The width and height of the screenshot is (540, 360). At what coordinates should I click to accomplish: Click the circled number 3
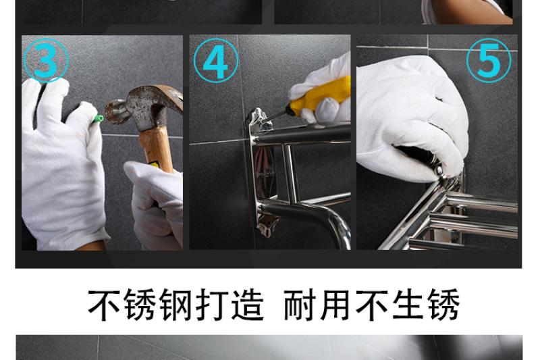click(46, 61)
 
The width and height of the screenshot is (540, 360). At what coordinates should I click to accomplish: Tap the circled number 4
click(216, 61)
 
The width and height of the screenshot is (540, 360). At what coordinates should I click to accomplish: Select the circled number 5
click(489, 61)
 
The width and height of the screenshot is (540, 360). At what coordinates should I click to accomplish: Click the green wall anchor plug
click(98, 119)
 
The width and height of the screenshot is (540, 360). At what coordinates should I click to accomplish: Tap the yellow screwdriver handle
click(320, 96)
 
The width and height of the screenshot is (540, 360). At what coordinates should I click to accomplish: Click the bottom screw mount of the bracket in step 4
click(267, 226)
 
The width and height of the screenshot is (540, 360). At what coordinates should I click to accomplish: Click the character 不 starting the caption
click(104, 305)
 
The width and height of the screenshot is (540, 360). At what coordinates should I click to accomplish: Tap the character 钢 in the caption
click(175, 305)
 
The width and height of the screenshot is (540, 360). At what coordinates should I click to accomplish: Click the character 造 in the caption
click(248, 305)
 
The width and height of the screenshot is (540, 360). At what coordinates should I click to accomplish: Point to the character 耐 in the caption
click(300, 305)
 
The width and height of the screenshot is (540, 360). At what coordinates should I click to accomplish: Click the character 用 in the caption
click(335, 305)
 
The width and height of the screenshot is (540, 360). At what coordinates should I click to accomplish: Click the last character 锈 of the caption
click(444, 305)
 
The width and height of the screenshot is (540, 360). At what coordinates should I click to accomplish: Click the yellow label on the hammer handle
click(154, 164)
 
